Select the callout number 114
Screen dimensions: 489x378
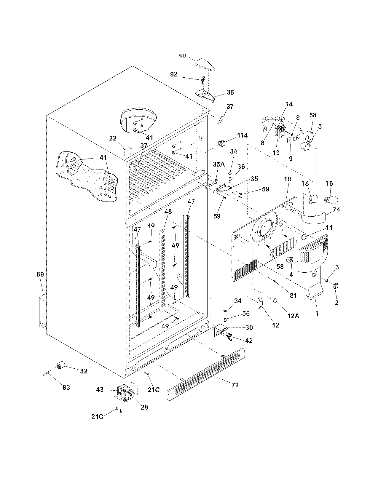point(242,135)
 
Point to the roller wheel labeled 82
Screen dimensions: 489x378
point(61,365)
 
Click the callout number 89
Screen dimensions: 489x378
point(40,274)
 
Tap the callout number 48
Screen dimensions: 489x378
point(168,211)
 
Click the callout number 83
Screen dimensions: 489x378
point(66,387)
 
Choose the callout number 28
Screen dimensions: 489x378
point(144,407)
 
